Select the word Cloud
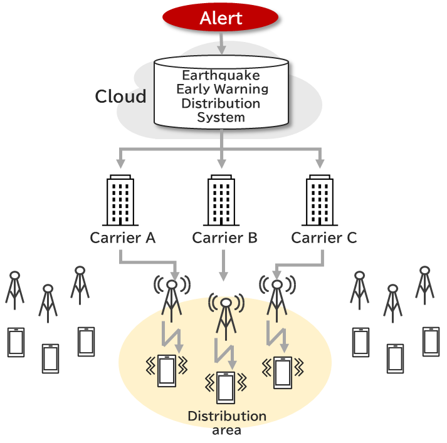tap(120, 96)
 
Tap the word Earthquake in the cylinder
tap(221, 76)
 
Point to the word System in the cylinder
tap(221, 117)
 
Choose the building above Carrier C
tap(320, 201)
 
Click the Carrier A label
tap(123, 238)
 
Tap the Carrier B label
tap(224, 238)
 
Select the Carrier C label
tap(324, 238)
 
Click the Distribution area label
tap(227, 422)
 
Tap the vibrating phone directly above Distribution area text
tap(225, 387)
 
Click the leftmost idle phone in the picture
tap(16, 342)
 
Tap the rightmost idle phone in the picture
tap(431, 341)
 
